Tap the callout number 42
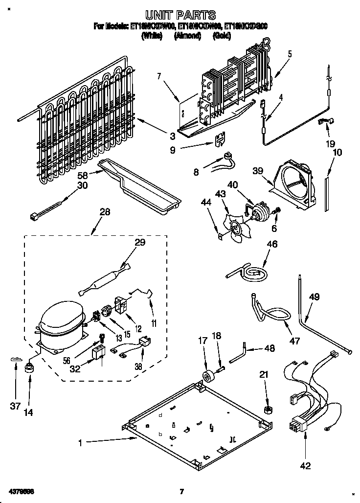pyautogui.click(x=306, y=466)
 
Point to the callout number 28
pyautogui.click(x=104, y=212)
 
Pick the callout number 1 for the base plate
pyautogui.click(x=81, y=442)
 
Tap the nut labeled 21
pyautogui.click(x=268, y=408)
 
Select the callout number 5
pyautogui.click(x=290, y=54)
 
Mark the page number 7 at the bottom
pyautogui.click(x=181, y=491)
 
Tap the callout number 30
pyautogui.click(x=82, y=185)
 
